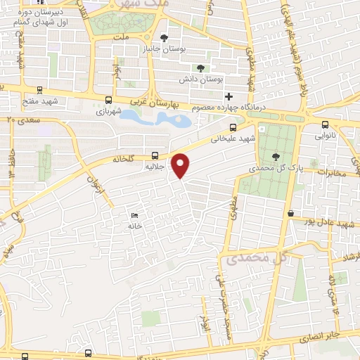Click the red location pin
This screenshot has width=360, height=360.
tap(181, 165)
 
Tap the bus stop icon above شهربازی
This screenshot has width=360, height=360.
tap(108, 100)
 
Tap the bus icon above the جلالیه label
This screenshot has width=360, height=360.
tap(155, 156)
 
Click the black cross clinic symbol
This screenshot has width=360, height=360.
tap(228, 96)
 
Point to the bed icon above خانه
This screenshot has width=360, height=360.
tap(134, 215)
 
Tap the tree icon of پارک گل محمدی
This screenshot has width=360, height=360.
tap(275, 157)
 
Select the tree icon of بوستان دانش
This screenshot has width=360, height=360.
tap(202, 69)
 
